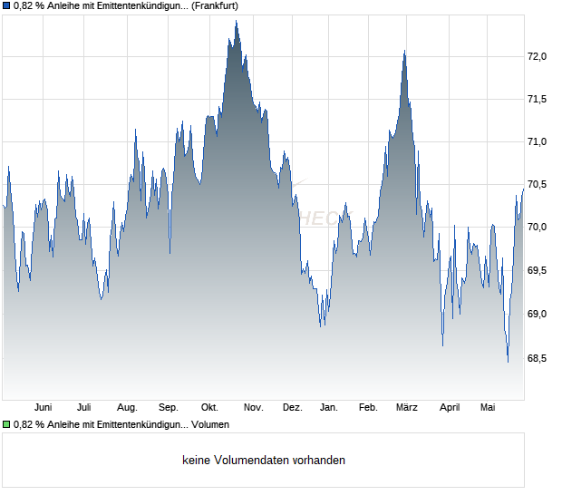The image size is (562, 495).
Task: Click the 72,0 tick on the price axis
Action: click(537, 56)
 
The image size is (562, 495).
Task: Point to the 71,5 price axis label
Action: click(537, 99)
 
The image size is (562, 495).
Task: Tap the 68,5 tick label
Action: click(537, 358)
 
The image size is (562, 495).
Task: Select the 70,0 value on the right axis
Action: click(537, 227)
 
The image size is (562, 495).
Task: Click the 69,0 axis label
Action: click(537, 314)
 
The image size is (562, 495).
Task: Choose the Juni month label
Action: click(43, 408)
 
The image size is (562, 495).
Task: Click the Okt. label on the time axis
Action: click(209, 408)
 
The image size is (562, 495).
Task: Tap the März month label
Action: click(407, 408)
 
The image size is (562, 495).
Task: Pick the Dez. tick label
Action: click(293, 408)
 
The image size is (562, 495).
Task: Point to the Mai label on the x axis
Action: click(488, 408)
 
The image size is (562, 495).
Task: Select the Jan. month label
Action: click(329, 408)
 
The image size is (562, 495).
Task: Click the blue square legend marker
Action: click(6, 6)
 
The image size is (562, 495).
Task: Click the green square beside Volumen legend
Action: click(6, 425)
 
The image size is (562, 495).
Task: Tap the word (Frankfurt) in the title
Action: click(215, 6)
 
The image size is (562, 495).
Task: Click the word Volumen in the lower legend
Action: click(210, 425)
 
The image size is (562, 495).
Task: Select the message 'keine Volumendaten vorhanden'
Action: click(264, 461)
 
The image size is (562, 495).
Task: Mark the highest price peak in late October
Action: click(236, 21)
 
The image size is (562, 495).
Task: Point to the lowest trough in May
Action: click(508, 362)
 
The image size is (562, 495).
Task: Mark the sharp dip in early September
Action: click(170, 253)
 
